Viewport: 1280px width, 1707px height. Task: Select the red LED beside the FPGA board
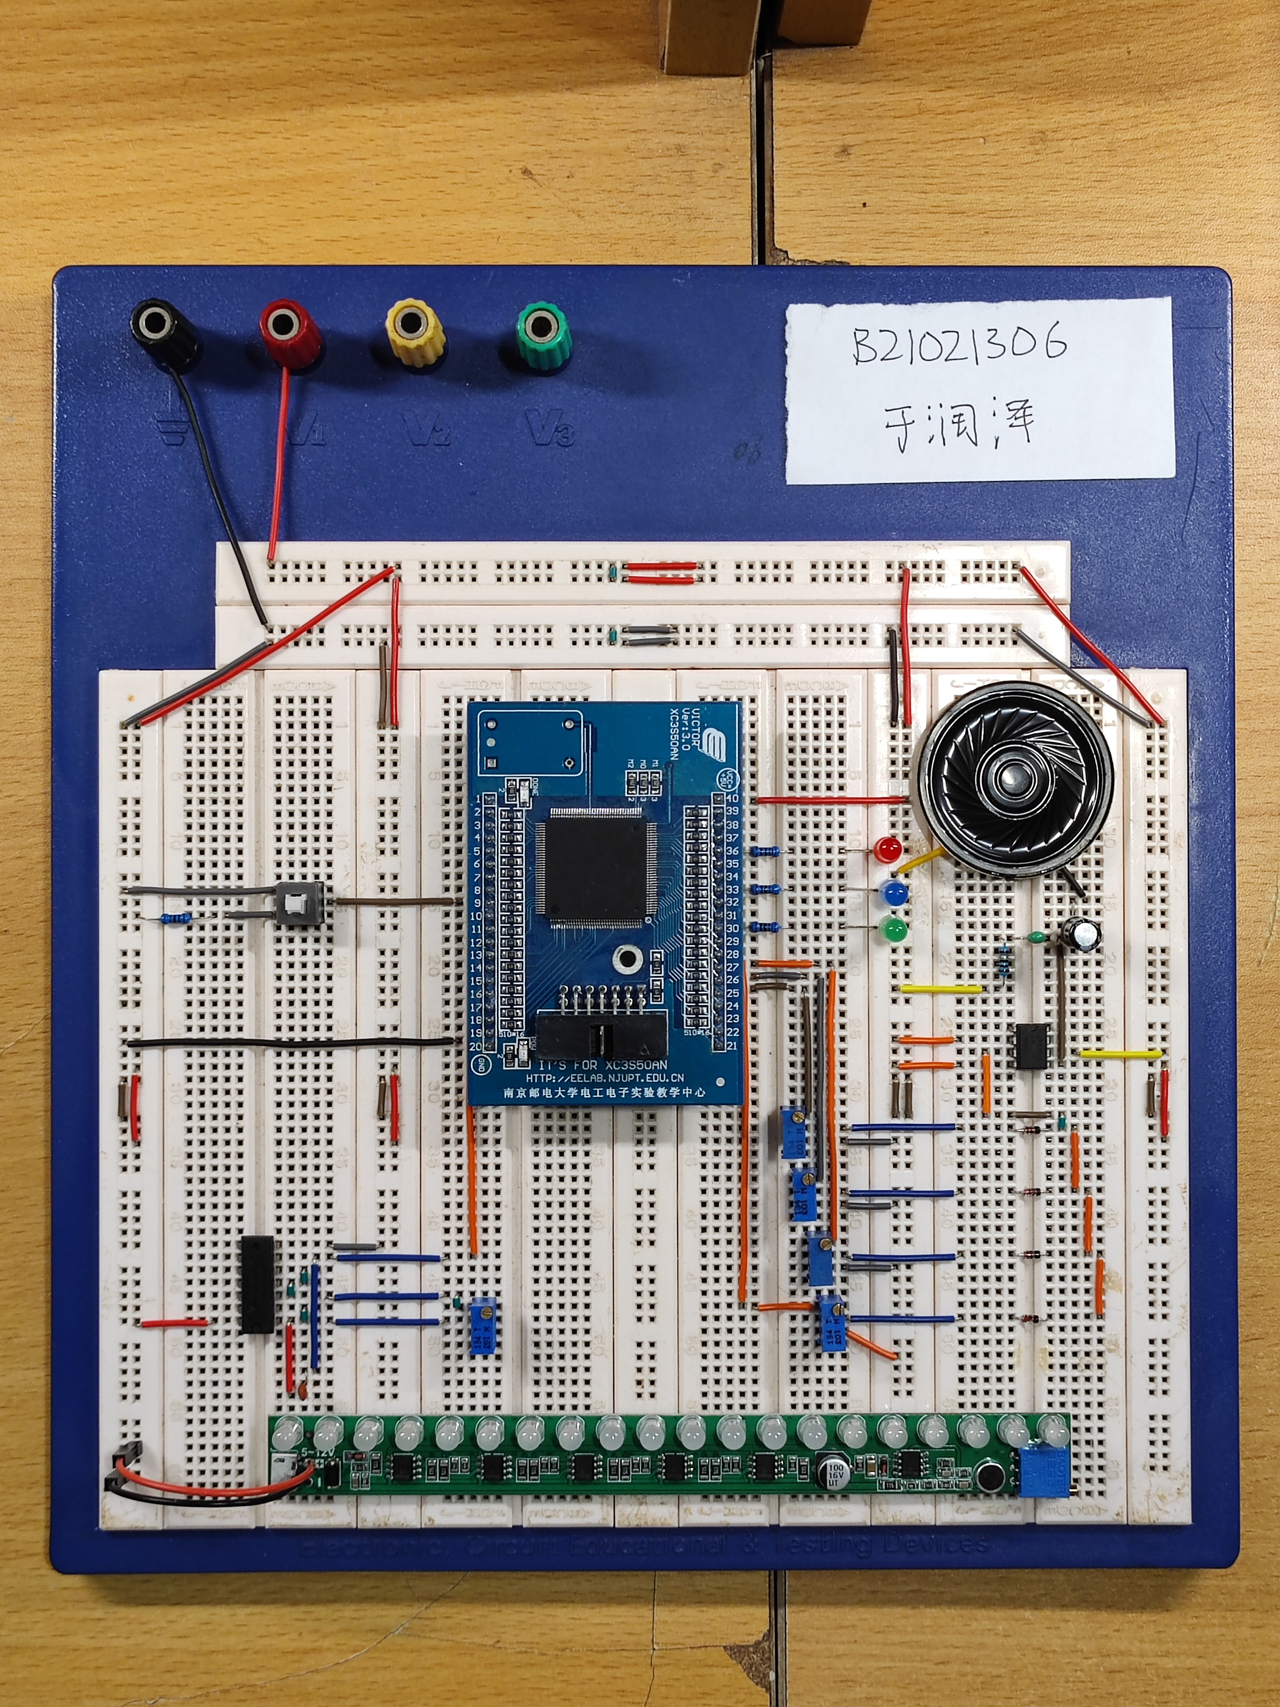888,850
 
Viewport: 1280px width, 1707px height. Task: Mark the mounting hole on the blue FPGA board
626,960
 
